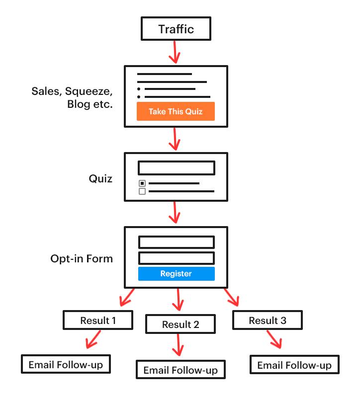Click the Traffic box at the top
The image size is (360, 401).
tap(176, 29)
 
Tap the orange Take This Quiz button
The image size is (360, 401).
tap(176, 111)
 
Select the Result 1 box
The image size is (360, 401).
tap(98, 321)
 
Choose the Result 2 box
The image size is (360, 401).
tap(180, 324)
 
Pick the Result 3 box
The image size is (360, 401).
tap(268, 321)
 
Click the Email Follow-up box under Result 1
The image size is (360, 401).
tap(66, 365)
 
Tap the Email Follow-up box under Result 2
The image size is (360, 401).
tap(180, 370)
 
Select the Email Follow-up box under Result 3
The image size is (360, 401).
tap(294, 365)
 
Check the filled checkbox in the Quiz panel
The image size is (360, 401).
tap(142, 183)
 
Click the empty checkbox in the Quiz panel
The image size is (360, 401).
tap(142, 191)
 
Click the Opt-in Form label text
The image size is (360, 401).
tap(82, 258)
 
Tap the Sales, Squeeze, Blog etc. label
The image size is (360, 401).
tap(73, 98)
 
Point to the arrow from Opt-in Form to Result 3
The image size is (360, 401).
tap(231, 297)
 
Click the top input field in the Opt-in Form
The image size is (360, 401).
tap(176, 242)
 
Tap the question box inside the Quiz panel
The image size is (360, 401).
tap(176, 168)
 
